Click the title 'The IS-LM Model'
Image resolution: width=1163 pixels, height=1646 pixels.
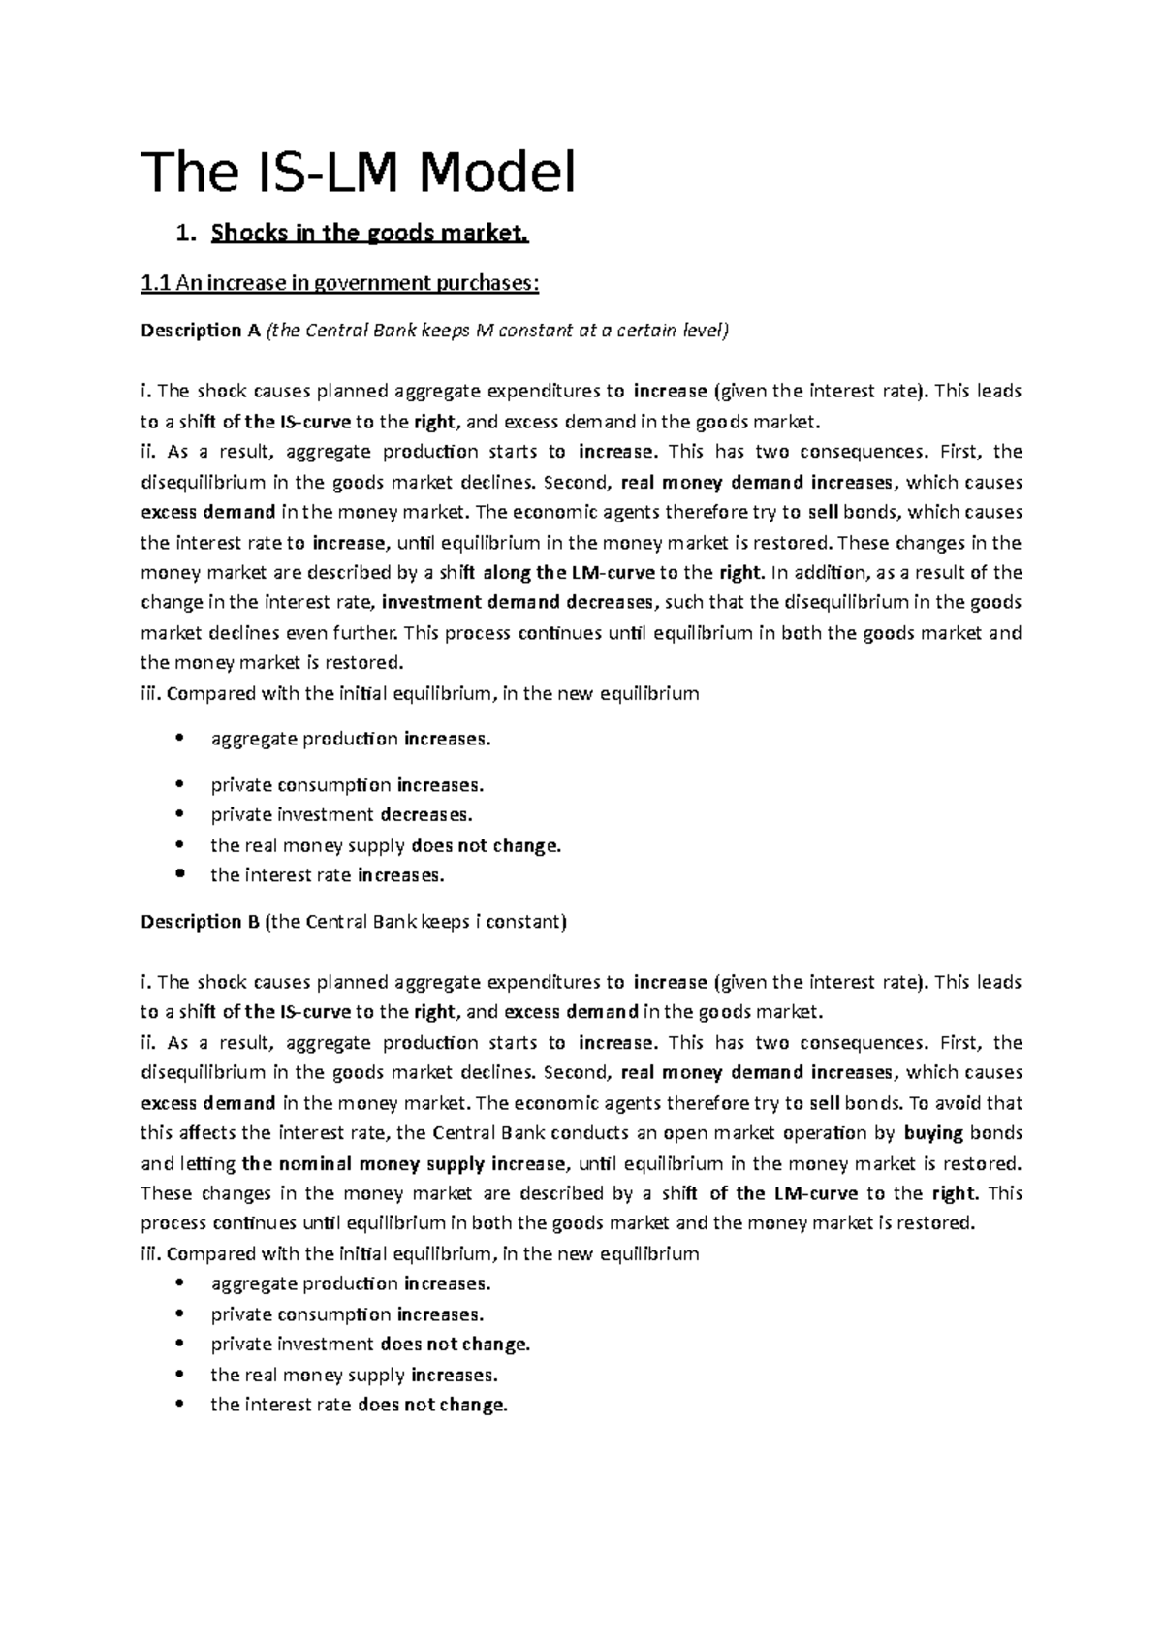(x=359, y=173)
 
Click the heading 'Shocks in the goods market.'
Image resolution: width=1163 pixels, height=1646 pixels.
(x=371, y=234)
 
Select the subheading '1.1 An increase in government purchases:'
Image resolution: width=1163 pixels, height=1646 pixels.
(x=339, y=283)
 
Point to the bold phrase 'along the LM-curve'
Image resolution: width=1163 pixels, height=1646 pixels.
(x=569, y=572)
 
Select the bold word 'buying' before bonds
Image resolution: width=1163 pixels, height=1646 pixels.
(x=932, y=1132)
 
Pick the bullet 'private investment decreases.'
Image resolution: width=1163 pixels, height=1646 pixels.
(x=341, y=814)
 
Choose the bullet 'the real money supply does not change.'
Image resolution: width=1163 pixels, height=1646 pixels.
(x=385, y=845)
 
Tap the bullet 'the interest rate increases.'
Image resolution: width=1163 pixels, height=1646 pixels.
(x=327, y=875)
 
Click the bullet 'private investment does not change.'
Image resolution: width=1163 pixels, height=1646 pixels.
(x=370, y=1345)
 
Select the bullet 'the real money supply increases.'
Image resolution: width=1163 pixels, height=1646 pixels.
(x=354, y=1375)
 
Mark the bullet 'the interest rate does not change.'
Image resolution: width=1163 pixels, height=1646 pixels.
(x=359, y=1405)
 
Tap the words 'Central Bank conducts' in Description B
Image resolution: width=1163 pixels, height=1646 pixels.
(x=506, y=1132)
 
